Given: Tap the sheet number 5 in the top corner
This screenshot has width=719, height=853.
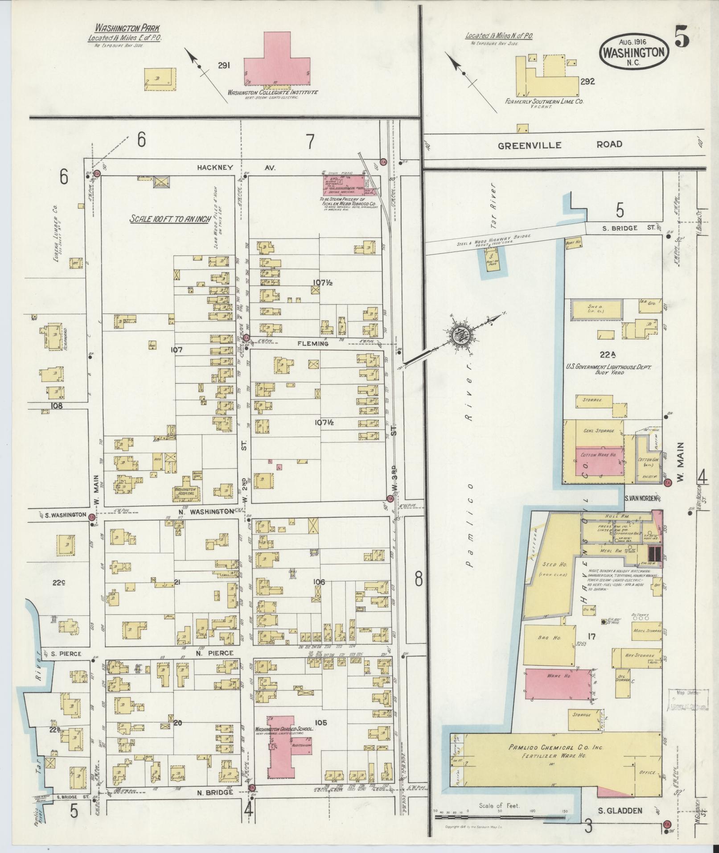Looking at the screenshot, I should [x=682, y=40].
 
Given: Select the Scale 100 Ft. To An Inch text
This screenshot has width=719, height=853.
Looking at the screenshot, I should [x=170, y=219].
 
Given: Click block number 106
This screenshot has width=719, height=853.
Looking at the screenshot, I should [x=319, y=582].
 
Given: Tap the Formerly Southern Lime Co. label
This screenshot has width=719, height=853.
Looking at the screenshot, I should [x=544, y=102].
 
